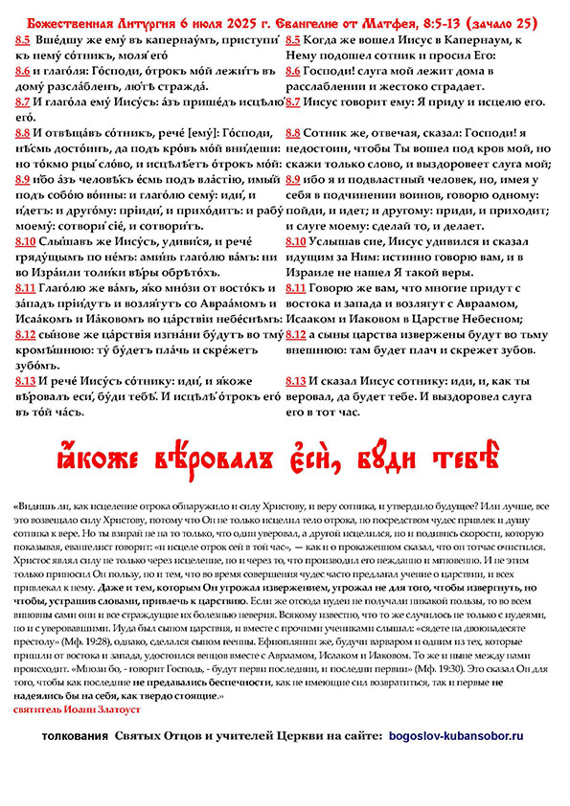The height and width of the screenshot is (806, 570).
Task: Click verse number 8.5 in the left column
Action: pyautogui.click(x=22, y=41)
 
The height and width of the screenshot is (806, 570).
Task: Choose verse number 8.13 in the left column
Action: pyautogui.click(x=25, y=380)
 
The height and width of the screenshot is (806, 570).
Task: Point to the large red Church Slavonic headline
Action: pyautogui.click(x=285, y=448)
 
